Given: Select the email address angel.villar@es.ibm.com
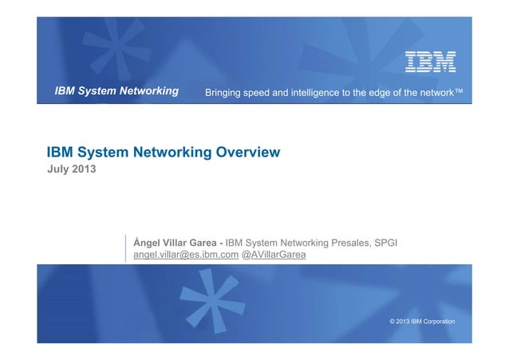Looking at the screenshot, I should (x=186, y=255).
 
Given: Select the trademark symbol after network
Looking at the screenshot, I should (x=459, y=92).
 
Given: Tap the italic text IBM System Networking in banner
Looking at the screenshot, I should (x=116, y=92).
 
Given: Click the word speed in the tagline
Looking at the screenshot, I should (x=262, y=93).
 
